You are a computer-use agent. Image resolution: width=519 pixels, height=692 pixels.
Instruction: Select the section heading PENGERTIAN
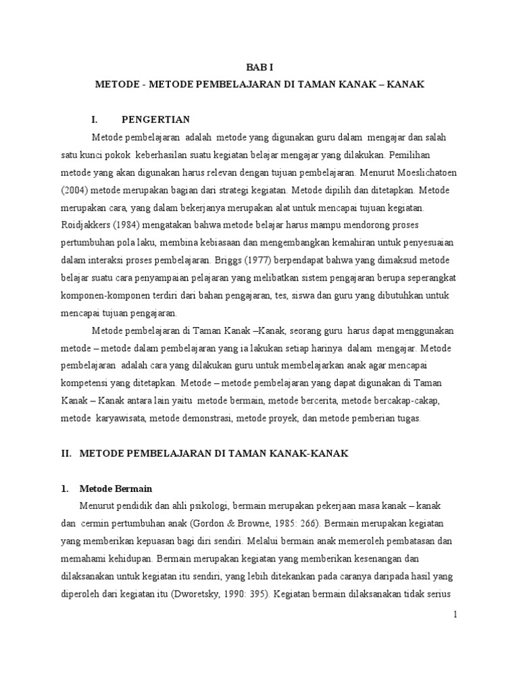tap(161, 120)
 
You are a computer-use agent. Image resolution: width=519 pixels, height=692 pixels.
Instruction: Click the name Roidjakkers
tap(85, 225)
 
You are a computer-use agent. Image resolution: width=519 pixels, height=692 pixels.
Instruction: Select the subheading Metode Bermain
tap(116, 489)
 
